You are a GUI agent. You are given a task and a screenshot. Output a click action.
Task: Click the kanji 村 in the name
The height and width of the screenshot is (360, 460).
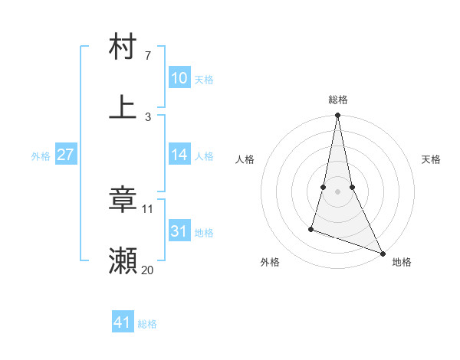(x=123, y=47)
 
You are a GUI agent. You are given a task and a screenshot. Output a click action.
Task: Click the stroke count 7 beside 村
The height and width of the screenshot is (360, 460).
(x=148, y=56)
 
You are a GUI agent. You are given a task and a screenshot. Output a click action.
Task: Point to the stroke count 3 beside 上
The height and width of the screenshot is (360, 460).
(x=148, y=117)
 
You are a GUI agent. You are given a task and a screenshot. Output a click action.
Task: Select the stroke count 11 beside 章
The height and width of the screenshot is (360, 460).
(x=148, y=208)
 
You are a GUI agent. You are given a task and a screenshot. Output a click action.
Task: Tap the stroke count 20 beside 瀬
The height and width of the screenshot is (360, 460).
(x=148, y=270)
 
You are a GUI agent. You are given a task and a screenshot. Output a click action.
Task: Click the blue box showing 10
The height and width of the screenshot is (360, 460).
(x=179, y=78)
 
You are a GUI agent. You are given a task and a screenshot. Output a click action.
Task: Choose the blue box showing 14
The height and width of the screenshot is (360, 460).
(x=179, y=155)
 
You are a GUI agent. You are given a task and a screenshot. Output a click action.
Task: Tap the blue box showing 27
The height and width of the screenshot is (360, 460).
(x=65, y=155)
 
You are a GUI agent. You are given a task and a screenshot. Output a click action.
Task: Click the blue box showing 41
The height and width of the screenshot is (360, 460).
(x=123, y=322)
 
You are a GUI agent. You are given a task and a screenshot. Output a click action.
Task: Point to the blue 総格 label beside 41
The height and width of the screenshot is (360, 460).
(x=147, y=324)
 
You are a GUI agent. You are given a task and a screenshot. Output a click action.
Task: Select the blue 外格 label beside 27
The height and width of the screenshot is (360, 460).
(x=41, y=156)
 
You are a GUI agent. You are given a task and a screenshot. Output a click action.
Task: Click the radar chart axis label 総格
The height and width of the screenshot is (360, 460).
(x=337, y=100)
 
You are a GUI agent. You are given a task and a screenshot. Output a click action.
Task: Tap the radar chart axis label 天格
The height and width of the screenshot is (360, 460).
(x=432, y=159)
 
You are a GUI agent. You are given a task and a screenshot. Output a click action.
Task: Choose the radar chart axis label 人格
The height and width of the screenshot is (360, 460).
(x=245, y=159)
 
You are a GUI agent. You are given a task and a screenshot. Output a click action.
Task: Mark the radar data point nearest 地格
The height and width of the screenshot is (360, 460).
(x=383, y=254)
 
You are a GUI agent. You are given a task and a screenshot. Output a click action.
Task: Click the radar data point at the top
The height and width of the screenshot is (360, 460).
(x=337, y=116)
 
